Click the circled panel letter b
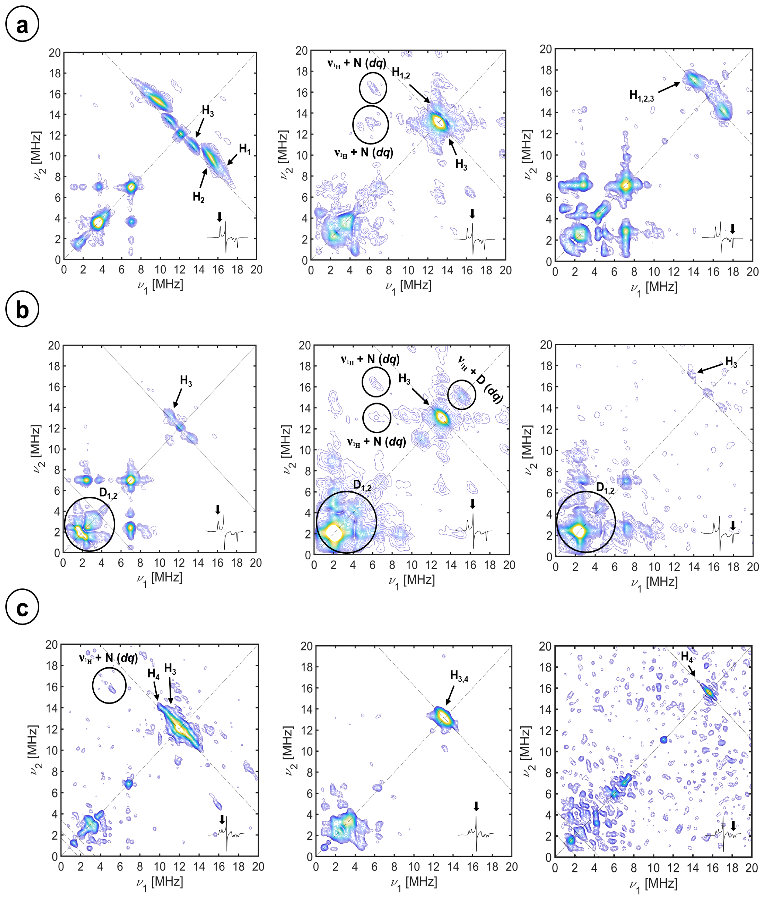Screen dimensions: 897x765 tap(22, 310)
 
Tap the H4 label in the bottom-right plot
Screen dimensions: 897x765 tap(687, 657)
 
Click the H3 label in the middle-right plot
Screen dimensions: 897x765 tap(731, 362)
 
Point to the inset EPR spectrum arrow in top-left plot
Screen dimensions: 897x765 tap(220, 217)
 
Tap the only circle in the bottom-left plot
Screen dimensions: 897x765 tap(109, 685)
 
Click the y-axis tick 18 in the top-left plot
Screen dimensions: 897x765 tap(55, 73)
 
